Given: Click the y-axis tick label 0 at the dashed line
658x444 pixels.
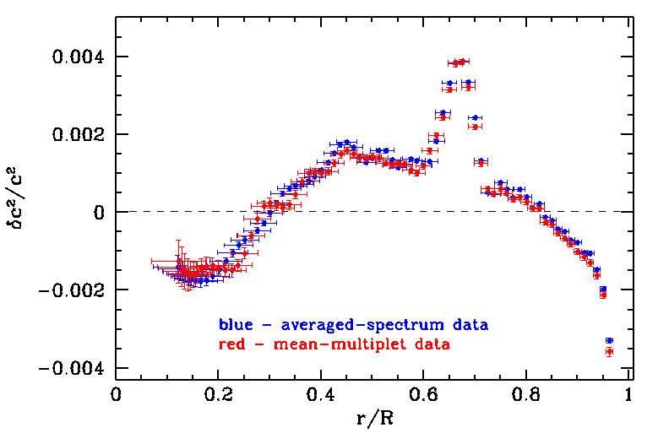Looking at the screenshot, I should click(x=98, y=212).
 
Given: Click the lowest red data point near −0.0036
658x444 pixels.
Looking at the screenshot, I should click(x=609, y=351).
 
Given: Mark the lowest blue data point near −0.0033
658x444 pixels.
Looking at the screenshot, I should click(x=609, y=340).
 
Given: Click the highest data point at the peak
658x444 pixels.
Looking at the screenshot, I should click(x=462, y=61).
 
